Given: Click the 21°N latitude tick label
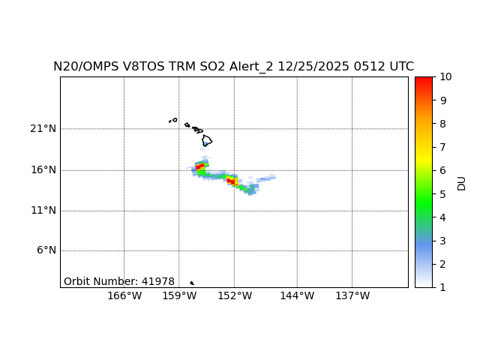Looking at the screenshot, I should click(x=43, y=129).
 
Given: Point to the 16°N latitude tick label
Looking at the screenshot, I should click(x=43, y=169).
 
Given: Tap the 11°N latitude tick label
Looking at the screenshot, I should click(x=43, y=210).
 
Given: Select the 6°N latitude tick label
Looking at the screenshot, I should click(x=46, y=250).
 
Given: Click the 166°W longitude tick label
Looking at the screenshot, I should click(x=124, y=296).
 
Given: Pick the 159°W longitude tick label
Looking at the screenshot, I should click(x=179, y=296).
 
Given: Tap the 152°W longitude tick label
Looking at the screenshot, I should click(x=234, y=296).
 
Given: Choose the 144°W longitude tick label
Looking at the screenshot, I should click(x=297, y=296).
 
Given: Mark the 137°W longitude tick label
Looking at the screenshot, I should click(x=352, y=296).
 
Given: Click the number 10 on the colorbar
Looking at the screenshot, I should click(x=445, y=76).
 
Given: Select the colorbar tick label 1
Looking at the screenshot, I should click(x=442, y=287).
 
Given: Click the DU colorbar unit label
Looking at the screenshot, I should click(x=461, y=182).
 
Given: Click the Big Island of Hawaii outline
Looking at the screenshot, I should click(x=207, y=139).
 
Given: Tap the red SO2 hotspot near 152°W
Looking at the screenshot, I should click(x=232, y=181).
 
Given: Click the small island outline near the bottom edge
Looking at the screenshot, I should click(x=192, y=283).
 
